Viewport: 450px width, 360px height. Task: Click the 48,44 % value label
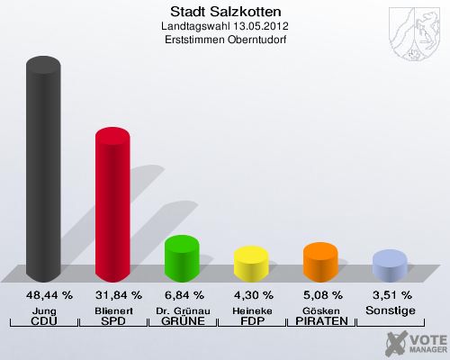pos(44,295)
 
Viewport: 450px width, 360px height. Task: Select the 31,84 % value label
pos(113,295)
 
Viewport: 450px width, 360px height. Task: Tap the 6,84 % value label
pos(183,295)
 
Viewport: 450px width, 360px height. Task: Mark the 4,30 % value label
pos(252,295)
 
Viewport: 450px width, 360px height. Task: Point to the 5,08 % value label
pos(321,295)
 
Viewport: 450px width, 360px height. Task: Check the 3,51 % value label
pos(391,295)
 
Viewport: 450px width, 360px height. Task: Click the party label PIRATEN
pos(321,321)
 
